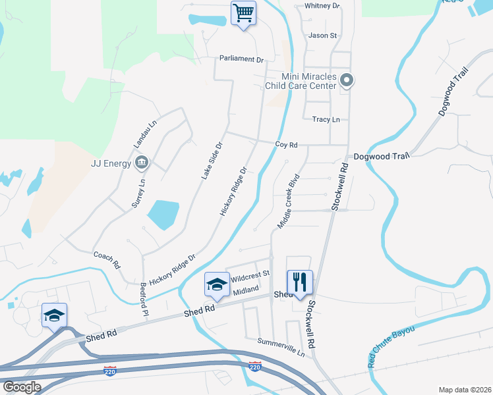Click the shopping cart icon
click(243, 13)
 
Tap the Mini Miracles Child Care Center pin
click(347, 81)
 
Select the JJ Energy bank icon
click(140, 162)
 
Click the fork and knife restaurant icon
click(300, 282)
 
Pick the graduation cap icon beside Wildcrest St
click(216, 284)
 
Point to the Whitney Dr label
click(322, 6)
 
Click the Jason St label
click(322, 36)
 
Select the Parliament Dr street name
click(241, 59)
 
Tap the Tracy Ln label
click(326, 120)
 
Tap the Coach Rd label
click(106, 259)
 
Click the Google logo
click(22, 387)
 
